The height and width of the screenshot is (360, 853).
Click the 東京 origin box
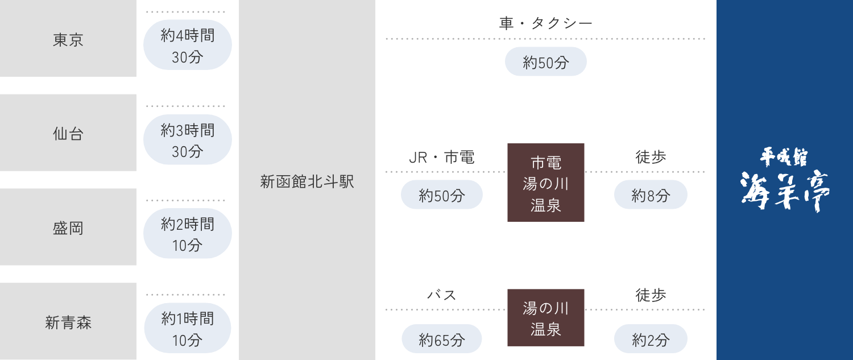(x=68, y=38)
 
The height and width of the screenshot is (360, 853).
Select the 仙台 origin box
(x=68, y=133)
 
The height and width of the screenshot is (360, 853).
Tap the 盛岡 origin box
(x=68, y=227)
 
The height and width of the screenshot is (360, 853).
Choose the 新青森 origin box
(x=68, y=321)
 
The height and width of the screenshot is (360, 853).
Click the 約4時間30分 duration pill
(x=187, y=45)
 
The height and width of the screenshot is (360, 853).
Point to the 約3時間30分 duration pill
(x=187, y=139)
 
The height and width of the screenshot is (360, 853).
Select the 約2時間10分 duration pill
(x=187, y=234)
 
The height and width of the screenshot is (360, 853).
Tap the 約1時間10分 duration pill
(x=187, y=328)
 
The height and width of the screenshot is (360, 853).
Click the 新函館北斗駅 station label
(x=307, y=181)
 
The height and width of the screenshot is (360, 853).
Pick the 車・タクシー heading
(x=545, y=23)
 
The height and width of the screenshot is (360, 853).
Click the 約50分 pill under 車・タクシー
(x=546, y=61)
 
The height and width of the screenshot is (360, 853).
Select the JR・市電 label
(x=442, y=157)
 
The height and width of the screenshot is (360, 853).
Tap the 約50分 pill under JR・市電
(x=442, y=195)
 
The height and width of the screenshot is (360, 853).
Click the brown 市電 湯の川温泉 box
(x=546, y=183)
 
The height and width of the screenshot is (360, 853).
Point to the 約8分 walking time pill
(x=651, y=195)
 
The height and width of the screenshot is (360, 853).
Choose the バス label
(x=442, y=295)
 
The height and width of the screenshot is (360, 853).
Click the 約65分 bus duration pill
(x=442, y=338)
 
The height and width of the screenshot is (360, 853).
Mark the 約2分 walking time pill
(x=651, y=338)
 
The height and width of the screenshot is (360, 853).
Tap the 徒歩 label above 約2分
(x=651, y=295)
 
